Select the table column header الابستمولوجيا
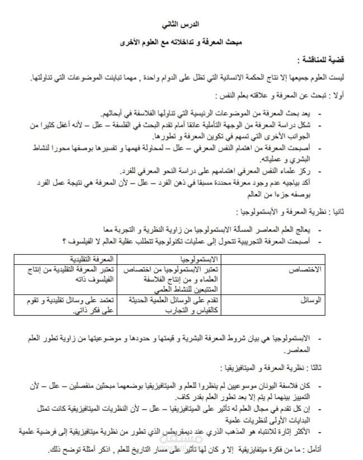(200, 259)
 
